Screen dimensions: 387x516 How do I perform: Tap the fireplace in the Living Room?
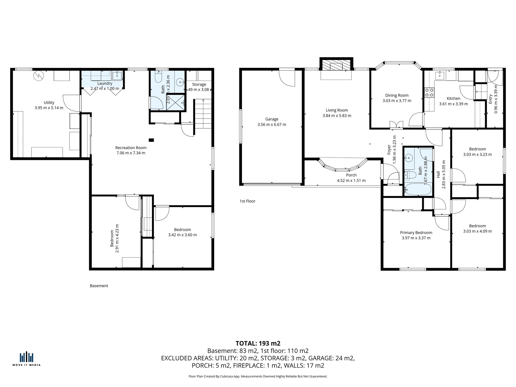point(336,65)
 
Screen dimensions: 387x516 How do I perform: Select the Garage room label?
point(272,119)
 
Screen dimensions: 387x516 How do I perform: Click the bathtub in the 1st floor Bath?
point(417,189)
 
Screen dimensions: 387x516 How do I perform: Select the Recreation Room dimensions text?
point(131,153)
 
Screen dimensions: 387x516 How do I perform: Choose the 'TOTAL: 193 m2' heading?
point(258,343)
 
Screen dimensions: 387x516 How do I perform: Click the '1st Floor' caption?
point(247,201)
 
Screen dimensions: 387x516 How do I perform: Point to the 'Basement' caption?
point(99,286)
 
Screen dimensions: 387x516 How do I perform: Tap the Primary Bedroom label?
point(416,233)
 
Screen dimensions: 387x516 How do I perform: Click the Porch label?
point(351,175)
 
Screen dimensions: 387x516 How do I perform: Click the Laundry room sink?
point(117,75)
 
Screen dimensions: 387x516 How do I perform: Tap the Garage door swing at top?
point(287,78)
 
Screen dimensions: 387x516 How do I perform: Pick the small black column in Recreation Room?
point(151,140)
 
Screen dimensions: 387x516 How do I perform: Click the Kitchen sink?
point(440,75)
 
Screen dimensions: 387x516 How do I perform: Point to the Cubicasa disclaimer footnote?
point(258,376)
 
